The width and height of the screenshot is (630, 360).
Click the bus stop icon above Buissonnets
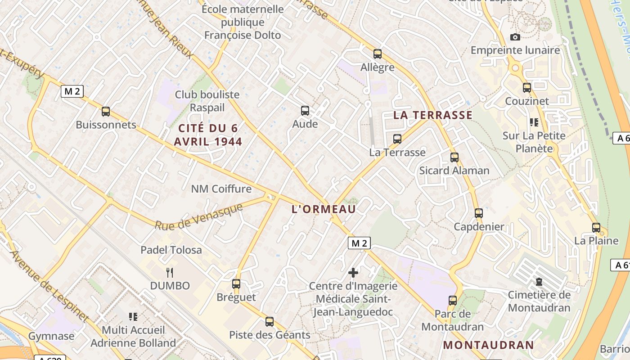[106, 112]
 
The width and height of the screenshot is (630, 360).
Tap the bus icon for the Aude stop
[305, 111]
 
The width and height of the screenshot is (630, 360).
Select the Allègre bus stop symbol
[378, 54]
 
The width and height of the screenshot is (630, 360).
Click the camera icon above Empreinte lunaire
[515, 37]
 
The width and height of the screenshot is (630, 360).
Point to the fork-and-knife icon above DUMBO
[170, 272]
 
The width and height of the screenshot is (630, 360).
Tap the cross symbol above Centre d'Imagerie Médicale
[353, 272]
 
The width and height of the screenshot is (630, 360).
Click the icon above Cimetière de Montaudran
[539, 282]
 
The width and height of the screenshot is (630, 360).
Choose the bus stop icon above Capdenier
[479, 213]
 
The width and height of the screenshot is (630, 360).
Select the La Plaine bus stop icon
[596, 228]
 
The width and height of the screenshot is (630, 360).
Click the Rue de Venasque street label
[199, 217]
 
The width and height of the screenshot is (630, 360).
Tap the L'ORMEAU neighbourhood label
[324, 209]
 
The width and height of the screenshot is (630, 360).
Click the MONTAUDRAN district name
[489, 345]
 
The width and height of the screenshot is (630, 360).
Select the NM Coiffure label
[221, 189]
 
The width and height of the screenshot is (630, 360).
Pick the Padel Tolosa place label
[171, 250]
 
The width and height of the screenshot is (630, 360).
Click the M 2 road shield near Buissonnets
[72, 91]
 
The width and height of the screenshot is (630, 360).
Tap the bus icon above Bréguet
[236, 284]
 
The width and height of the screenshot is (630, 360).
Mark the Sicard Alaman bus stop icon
[454, 157]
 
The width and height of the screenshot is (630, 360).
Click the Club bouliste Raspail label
[207, 101]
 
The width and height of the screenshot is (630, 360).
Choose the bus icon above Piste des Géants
[270, 322]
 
